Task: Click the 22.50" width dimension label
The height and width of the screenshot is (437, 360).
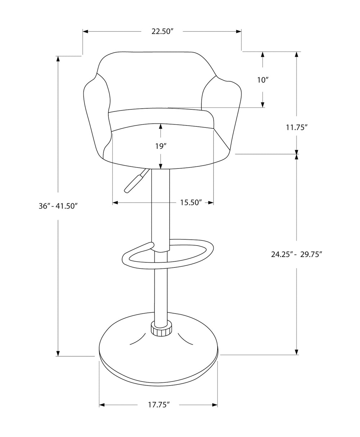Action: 163,31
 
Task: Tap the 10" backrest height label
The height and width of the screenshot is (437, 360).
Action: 263,80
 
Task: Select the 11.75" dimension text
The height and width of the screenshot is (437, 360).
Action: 296,127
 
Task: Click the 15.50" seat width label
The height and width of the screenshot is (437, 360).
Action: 190,203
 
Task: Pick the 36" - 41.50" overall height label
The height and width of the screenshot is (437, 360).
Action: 58,206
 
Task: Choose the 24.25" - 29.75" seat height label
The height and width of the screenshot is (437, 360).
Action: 296,254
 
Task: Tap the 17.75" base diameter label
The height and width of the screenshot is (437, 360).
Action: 158,405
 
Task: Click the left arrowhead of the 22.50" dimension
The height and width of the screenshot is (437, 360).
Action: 86,32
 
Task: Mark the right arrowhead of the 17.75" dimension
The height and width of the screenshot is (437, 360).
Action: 215,405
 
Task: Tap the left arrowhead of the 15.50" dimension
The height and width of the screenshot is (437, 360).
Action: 115,203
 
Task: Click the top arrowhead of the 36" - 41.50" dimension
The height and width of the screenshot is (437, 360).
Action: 58,59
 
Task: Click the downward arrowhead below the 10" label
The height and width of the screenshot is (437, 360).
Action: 263,104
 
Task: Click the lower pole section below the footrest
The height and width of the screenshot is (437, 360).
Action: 161,292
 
